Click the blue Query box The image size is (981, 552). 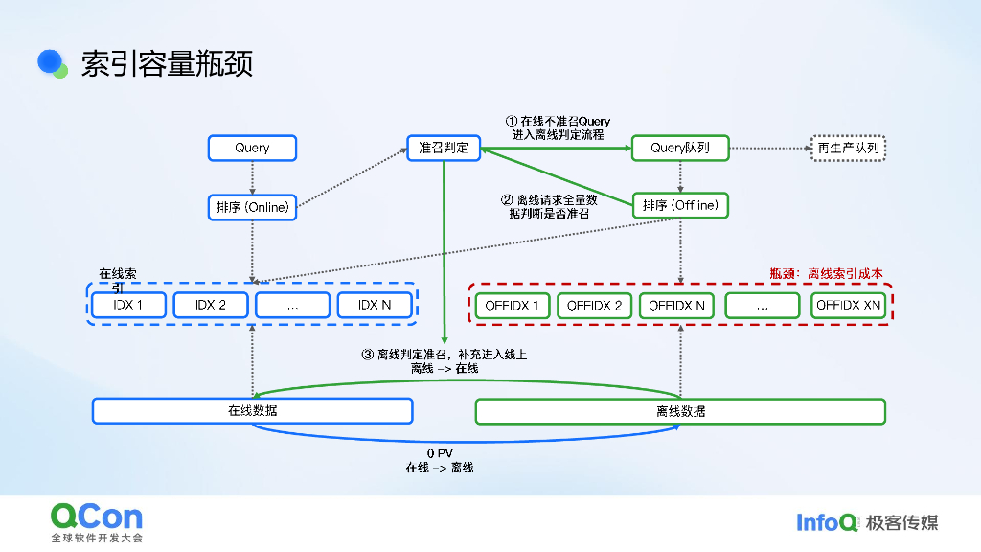click(252, 148)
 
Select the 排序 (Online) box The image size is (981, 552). click(252, 206)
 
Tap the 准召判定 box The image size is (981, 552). click(444, 148)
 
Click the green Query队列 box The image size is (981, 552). click(680, 148)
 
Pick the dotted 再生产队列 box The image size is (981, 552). click(848, 148)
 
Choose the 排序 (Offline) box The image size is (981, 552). click(680, 205)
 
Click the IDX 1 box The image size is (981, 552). click(128, 305)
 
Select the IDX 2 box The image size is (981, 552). click(211, 305)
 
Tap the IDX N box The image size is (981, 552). click(375, 305)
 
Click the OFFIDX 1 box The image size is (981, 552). click(513, 306)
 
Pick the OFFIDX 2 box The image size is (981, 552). click(594, 306)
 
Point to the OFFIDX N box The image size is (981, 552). click(676, 306)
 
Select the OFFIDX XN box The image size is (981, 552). click(848, 306)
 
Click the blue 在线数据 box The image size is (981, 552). click(252, 411)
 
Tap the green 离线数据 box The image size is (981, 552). click(680, 411)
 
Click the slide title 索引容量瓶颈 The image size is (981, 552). click(167, 63)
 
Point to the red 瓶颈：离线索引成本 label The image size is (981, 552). click(826, 273)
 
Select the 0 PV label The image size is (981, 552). click(440, 453)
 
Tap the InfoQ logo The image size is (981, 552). click(827, 522)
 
